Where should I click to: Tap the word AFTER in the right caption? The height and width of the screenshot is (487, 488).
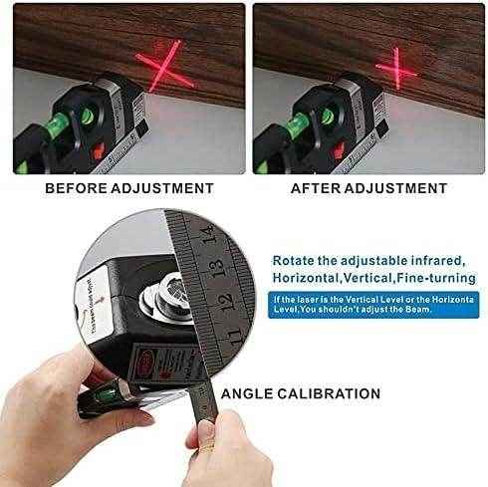point(316,187)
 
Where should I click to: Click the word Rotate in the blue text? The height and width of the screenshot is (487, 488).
point(302,259)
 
